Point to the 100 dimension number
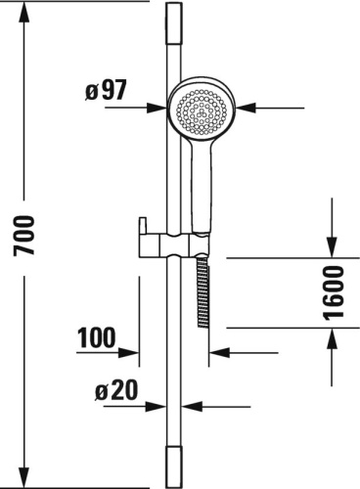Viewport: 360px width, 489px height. pos(96,337)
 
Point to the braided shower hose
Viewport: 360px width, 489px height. pos(202,293)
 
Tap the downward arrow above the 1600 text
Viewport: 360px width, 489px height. pos(333,248)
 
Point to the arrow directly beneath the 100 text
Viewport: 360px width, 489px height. pos(137,352)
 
